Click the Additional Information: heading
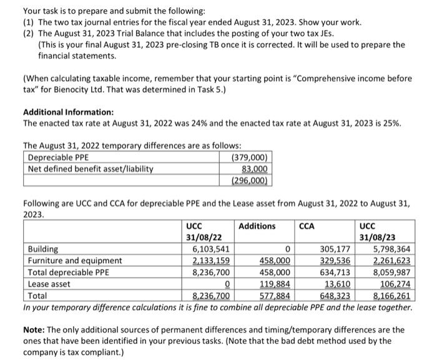[x=68, y=112]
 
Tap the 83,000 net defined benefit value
[x=255, y=169]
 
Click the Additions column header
[x=257, y=226]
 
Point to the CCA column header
[x=308, y=226]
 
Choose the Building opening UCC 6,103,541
[x=209, y=249]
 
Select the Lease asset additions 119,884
[x=275, y=284]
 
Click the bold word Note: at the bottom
[x=36, y=329]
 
